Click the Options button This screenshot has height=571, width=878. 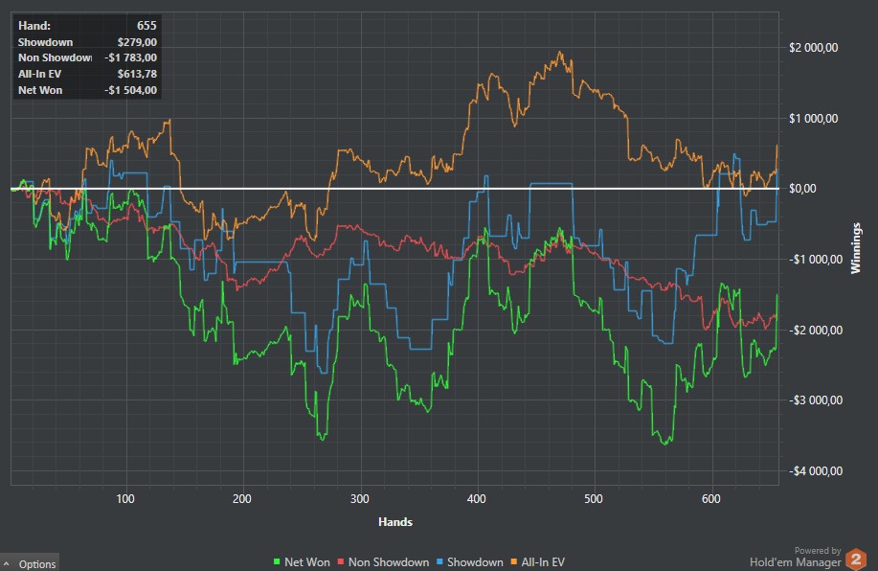point(31,563)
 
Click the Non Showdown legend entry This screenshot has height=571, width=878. point(383,562)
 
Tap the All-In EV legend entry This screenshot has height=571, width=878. point(546,562)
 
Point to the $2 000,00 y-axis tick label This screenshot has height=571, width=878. point(814,48)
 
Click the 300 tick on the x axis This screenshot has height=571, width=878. point(360,498)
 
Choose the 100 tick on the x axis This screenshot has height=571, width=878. point(125,498)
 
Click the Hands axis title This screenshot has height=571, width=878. point(394,522)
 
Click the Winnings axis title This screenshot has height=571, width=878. point(857,246)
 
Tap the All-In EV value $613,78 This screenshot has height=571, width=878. point(136,75)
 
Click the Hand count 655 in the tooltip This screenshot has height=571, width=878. point(146,26)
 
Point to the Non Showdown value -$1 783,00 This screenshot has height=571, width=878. point(130,58)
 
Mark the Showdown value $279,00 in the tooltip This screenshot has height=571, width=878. point(136,42)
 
